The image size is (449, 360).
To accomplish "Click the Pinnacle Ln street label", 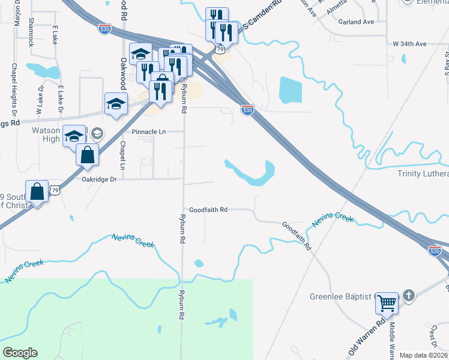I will pyautogui.click(x=144, y=131).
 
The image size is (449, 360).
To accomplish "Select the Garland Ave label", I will pyautogui.click(x=355, y=22).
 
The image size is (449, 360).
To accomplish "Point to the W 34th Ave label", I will pyautogui.click(x=409, y=44).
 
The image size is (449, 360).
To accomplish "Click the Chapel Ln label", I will pyautogui.click(x=122, y=155).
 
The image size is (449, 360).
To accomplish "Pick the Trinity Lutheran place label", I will pyautogui.click(x=423, y=174).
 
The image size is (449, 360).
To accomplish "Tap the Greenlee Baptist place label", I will pyautogui.click(x=342, y=296).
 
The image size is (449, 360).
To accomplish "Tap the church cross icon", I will pyautogui.click(x=408, y=295).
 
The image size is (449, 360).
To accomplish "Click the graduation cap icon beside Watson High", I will pyautogui.click(x=74, y=136).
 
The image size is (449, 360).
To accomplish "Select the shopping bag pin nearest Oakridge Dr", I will pyautogui.click(x=88, y=154).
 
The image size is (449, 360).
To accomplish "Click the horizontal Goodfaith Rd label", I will pyautogui.click(x=208, y=210).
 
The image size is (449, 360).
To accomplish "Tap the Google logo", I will pyautogui.click(x=20, y=353).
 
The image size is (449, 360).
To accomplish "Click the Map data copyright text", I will pyautogui.click(x=423, y=355).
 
